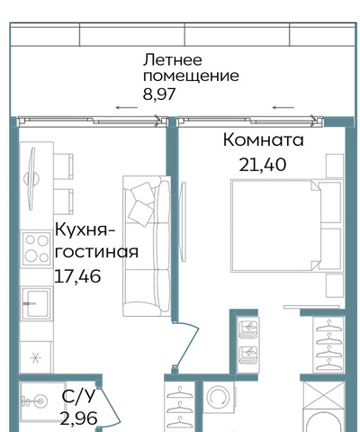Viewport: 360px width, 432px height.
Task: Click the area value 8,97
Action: [x=159, y=94]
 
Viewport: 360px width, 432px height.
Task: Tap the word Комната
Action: [x=264, y=140]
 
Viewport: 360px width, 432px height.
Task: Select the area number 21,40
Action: [x=263, y=165]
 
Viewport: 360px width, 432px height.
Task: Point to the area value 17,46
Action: [x=77, y=276]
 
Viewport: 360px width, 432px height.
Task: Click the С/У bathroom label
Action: [x=78, y=396]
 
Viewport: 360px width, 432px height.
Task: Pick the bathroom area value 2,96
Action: [x=79, y=418]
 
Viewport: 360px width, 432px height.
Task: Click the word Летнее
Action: [x=173, y=60]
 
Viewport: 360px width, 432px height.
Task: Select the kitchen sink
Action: [x=36, y=303]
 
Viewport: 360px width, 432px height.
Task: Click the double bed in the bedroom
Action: [x=286, y=226]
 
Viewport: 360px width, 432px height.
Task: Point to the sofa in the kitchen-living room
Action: [x=147, y=246]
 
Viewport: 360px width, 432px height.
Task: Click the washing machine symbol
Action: [x=219, y=398]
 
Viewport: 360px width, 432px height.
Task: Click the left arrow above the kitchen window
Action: [x=127, y=107]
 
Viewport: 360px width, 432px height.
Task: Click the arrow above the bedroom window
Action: [x=283, y=107]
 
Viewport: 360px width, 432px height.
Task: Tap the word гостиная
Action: [x=96, y=252]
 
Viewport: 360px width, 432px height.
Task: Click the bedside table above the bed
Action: [x=335, y=166]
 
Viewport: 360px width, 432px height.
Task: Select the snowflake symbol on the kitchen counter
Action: [x=36, y=357]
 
